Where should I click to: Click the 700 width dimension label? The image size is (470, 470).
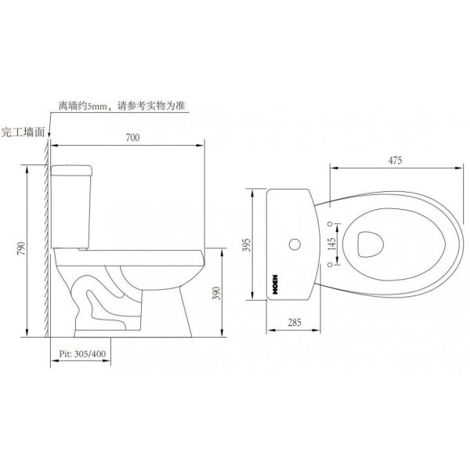132,138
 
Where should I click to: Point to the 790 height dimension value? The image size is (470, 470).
21,249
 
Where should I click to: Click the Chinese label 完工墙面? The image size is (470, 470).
23,131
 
